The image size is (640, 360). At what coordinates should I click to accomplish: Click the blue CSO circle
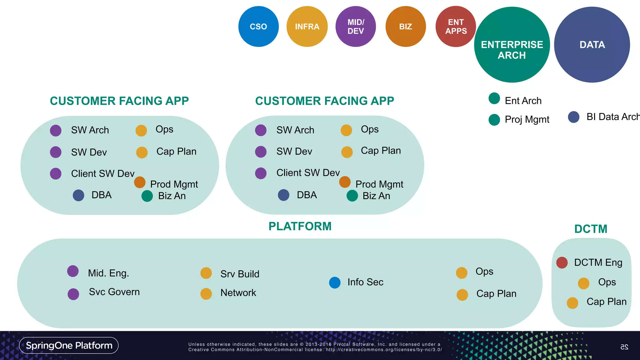(x=258, y=27)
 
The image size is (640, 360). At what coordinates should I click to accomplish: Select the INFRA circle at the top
(x=307, y=27)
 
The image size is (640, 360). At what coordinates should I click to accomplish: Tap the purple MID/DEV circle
(x=356, y=27)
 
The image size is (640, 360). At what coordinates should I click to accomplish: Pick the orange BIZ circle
(x=406, y=27)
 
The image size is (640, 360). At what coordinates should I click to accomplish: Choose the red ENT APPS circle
(x=456, y=27)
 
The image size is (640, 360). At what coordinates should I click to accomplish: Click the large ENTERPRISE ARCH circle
(x=512, y=45)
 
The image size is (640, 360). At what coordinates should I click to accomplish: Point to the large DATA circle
(x=592, y=45)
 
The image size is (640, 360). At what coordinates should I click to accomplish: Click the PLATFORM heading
(x=300, y=226)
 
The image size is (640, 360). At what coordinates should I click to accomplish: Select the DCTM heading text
(x=591, y=229)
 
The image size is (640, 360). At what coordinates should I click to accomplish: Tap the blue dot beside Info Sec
(x=335, y=282)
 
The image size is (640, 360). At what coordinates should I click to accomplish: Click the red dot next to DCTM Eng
(x=562, y=262)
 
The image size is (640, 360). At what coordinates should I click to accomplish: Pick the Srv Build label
(x=240, y=274)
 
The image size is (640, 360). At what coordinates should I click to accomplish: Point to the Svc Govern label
(x=114, y=292)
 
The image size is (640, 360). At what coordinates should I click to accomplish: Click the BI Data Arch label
(x=612, y=117)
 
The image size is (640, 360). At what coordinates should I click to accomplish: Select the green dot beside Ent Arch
(x=494, y=98)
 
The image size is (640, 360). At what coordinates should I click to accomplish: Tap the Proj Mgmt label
(x=527, y=119)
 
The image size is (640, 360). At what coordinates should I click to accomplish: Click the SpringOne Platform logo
(x=69, y=345)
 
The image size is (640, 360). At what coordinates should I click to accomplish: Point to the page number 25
(x=624, y=347)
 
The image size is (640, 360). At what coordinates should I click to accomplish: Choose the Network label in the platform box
(x=238, y=293)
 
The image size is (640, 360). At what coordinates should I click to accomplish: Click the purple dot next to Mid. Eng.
(x=73, y=271)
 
